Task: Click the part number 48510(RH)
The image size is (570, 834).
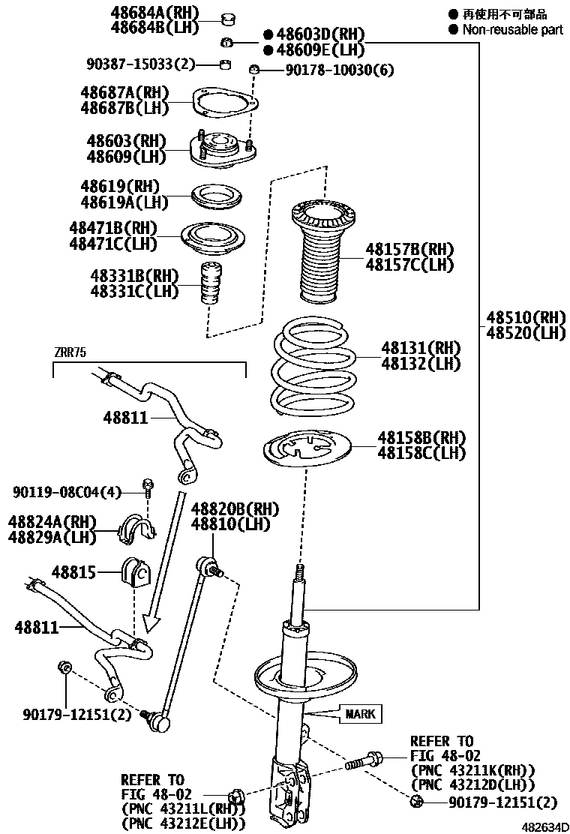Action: coord(526,317)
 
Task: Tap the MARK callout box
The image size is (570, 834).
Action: coord(360,713)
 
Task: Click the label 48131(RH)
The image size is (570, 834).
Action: coord(420,348)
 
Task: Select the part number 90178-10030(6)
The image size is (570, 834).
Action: coord(339,70)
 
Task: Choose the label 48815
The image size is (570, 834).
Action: coord(74,573)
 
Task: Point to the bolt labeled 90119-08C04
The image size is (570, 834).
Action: coord(148,488)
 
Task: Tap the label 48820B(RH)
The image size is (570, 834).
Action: coord(235,509)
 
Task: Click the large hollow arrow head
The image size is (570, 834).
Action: coord(153,621)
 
